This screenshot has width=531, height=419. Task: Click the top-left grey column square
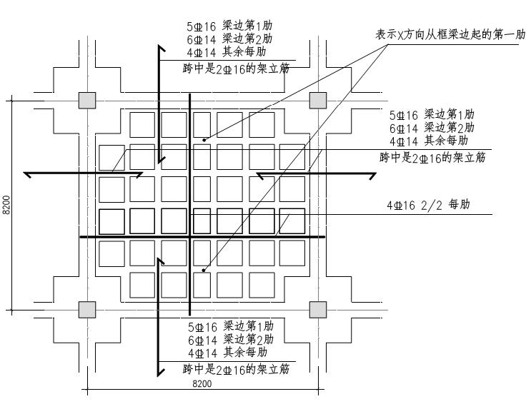click(87, 101)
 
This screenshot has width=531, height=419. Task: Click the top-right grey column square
click(318, 101)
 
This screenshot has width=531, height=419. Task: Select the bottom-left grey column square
click(87, 310)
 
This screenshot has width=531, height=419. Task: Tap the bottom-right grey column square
click(318, 310)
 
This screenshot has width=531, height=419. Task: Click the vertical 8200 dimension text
click(6, 205)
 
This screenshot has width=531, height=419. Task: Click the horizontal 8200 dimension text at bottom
click(202, 383)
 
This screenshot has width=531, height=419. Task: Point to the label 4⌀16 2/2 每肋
click(428, 205)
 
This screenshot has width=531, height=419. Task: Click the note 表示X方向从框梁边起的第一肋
click(450, 34)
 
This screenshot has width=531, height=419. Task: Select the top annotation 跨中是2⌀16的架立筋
click(236, 69)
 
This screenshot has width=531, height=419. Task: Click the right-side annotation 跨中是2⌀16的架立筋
click(432, 158)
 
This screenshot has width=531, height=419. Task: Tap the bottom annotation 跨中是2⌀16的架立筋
click(236, 369)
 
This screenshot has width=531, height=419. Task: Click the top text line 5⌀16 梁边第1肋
click(229, 26)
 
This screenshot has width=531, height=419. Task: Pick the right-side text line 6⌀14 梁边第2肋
click(432, 128)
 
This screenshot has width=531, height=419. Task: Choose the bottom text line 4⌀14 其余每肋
click(228, 353)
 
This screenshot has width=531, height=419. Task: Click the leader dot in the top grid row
click(204, 140)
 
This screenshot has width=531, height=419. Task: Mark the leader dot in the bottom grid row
click(204, 271)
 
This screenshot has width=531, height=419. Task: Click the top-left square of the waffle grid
click(142, 125)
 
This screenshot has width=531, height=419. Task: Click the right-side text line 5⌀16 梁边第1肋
click(432, 115)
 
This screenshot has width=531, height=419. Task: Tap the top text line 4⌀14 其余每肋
click(227, 52)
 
